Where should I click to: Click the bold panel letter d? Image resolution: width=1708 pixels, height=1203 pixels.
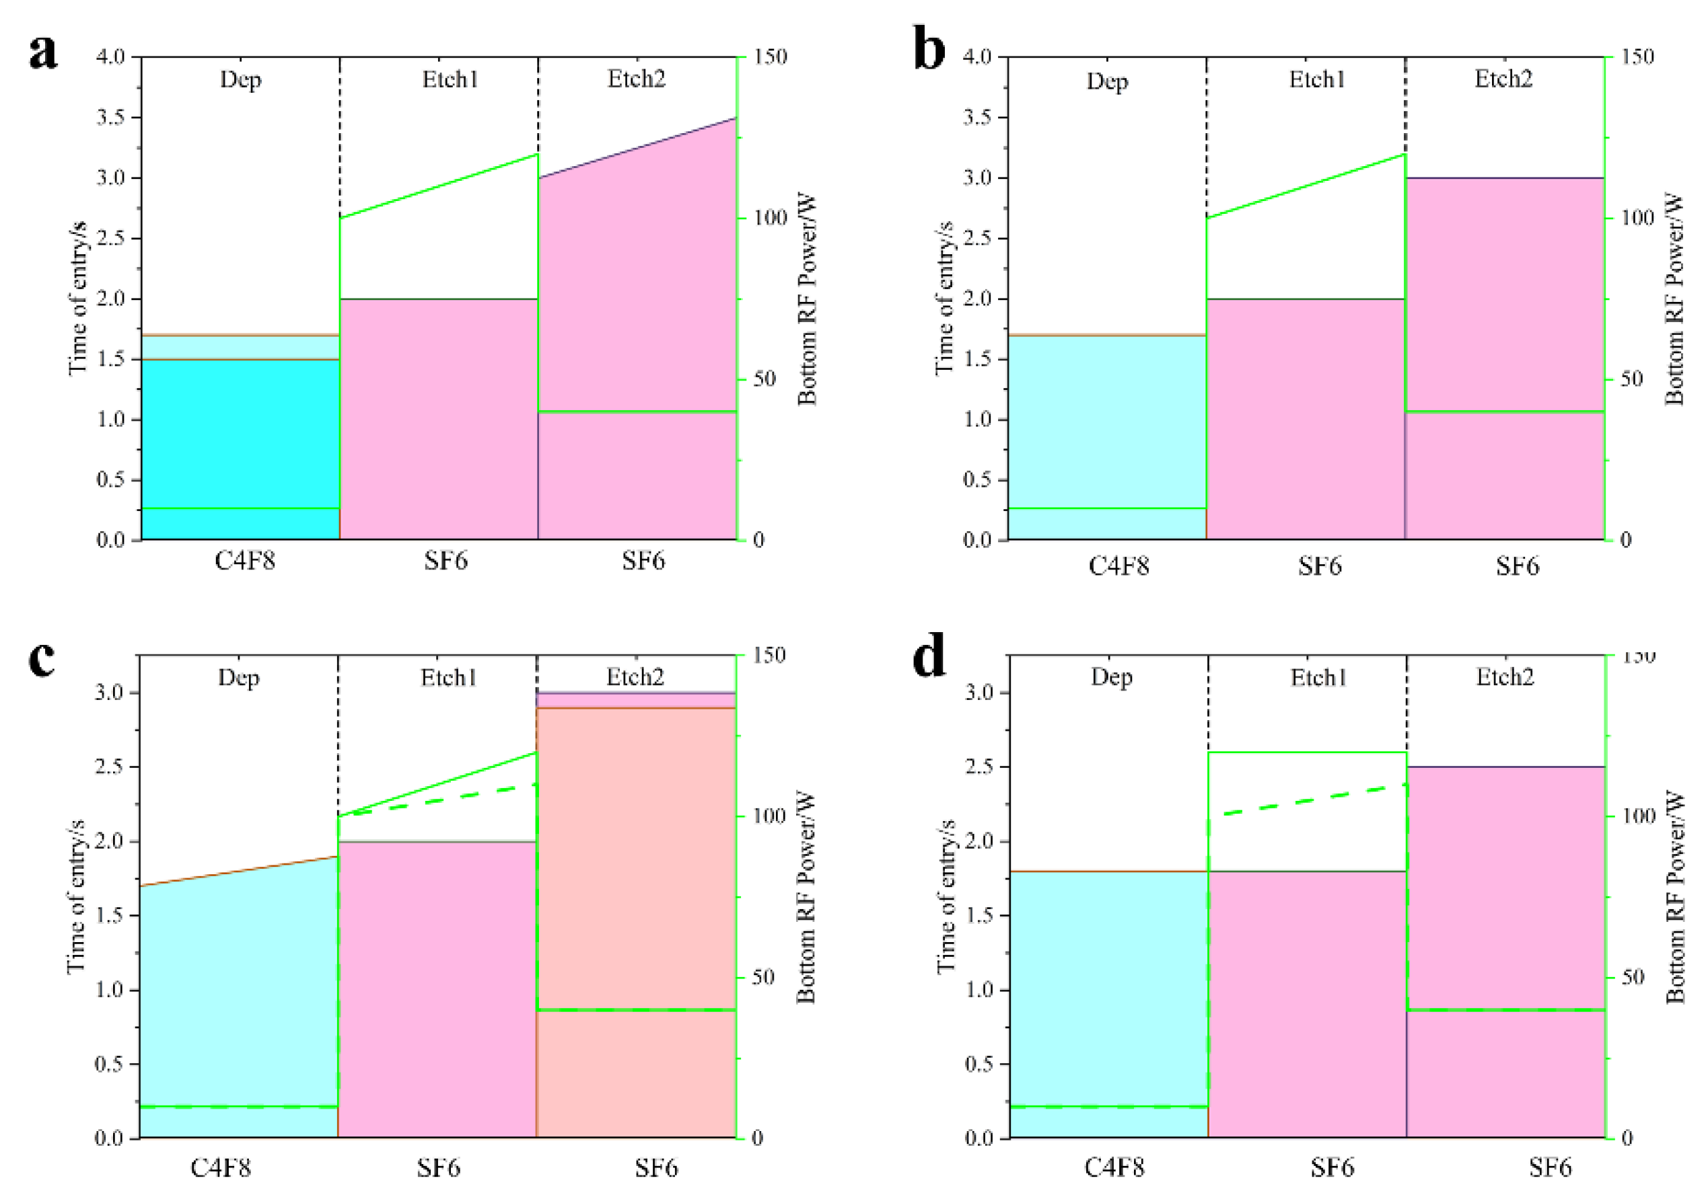pos(929,655)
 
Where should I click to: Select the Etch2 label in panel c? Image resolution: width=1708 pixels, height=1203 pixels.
pos(635,676)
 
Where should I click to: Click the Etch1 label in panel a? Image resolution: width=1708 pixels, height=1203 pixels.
pos(450,79)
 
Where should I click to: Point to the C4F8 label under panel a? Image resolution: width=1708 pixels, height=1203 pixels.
pos(245,561)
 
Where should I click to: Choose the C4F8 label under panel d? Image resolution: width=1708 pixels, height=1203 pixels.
pos(1114,1167)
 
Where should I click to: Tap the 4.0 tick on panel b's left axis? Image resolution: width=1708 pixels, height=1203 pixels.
pos(976,56)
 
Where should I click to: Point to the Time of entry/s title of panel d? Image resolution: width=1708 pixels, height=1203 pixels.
pos(946,896)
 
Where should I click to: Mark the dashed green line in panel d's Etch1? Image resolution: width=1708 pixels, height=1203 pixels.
pos(1307,800)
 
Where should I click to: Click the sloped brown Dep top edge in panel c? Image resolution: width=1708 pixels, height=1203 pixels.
pos(239,871)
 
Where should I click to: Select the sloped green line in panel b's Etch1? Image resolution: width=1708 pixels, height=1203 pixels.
pos(1306,186)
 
